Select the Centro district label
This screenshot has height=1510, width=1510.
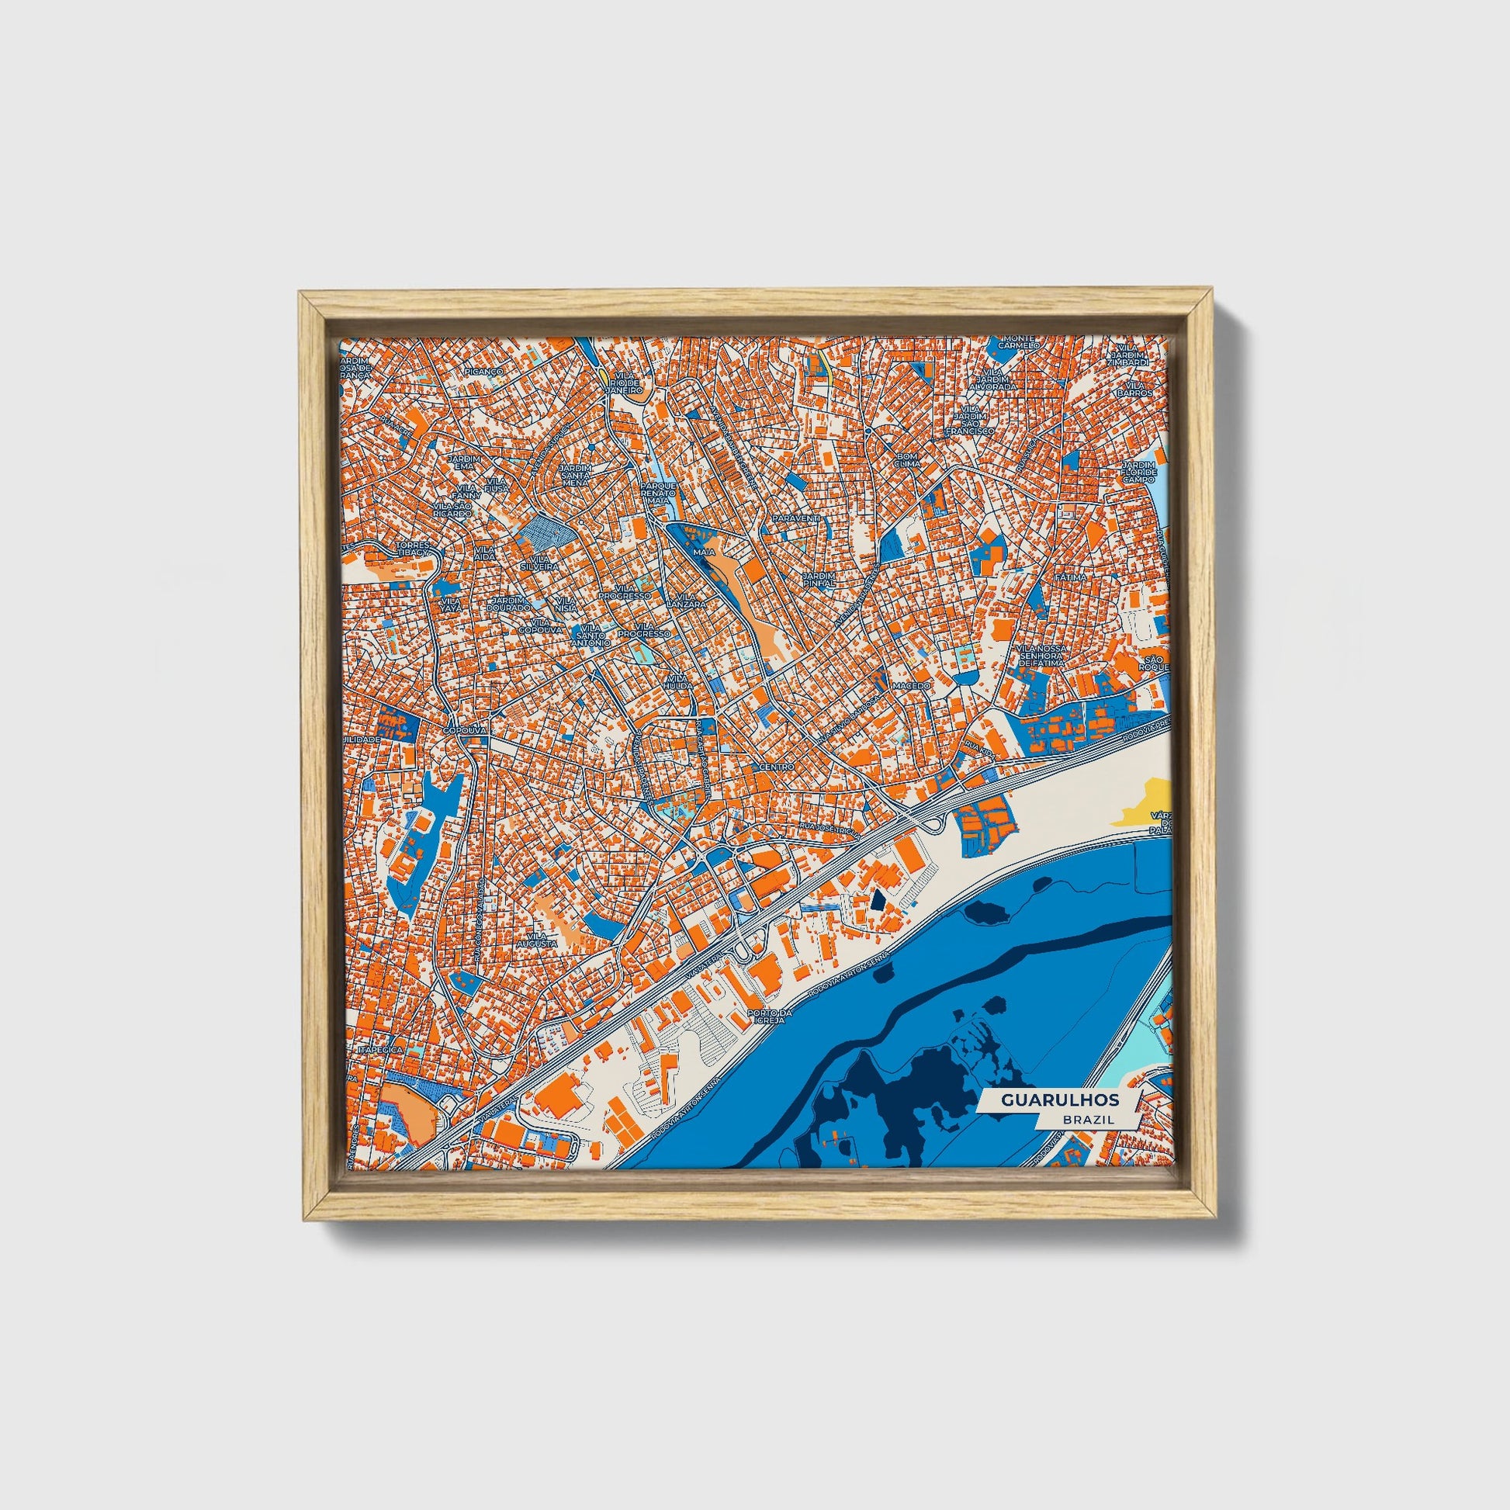click(776, 767)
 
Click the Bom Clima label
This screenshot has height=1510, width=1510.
click(907, 459)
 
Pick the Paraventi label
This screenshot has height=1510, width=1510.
click(795, 518)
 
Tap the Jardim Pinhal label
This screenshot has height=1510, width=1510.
click(819, 577)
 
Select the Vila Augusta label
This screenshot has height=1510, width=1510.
click(542, 940)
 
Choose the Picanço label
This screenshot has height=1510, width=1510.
click(483, 372)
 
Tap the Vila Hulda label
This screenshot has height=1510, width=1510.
click(677, 681)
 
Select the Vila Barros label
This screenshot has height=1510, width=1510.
click(1135, 390)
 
